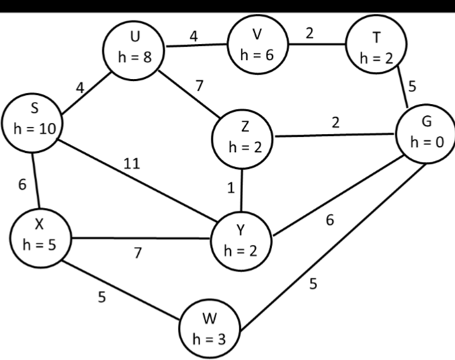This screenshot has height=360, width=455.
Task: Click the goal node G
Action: click(424, 133)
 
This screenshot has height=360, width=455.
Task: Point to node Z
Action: click(243, 135)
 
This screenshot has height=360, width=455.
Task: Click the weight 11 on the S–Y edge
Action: click(130, 164)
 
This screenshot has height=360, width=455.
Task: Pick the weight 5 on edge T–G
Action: click(412, 87)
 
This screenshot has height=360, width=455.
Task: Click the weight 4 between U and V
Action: click(195, 36)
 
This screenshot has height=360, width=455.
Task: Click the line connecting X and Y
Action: click(140, 237)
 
